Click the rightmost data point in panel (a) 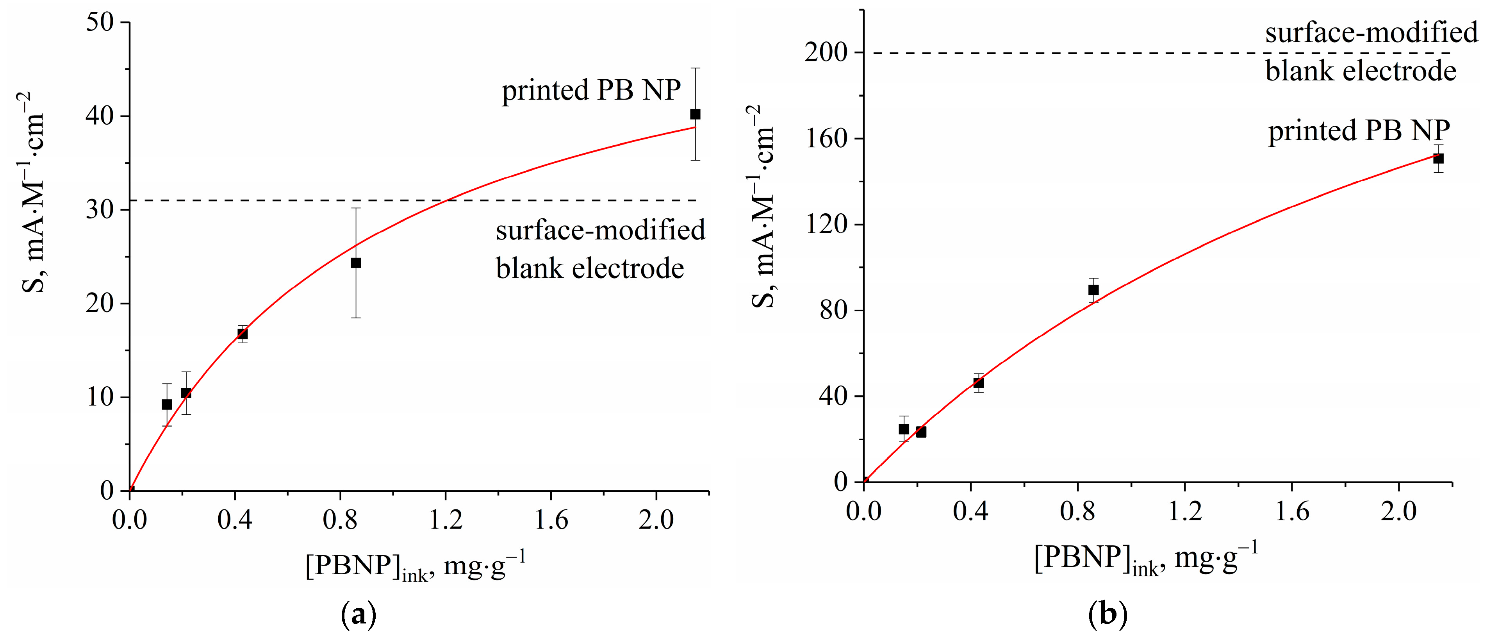pyautogui.click(x=695, y=114)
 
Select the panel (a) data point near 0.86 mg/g pyautogui.click(x=355, y=263)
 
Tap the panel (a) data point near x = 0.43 pyautogui.click(x=243, y=334)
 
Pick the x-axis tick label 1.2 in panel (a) pyautogui.click(x=446, y=520)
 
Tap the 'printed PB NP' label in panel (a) pyautogui.click(x=591, y=90)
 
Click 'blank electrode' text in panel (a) pyautogui.click(x=590, y=268)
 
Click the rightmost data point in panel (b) pyautogui.click(x=1438, y=159)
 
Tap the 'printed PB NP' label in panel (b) pyautogui.click(x=1359, y=131)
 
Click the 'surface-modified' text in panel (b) pyautogui.click(x=1371, y=32)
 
